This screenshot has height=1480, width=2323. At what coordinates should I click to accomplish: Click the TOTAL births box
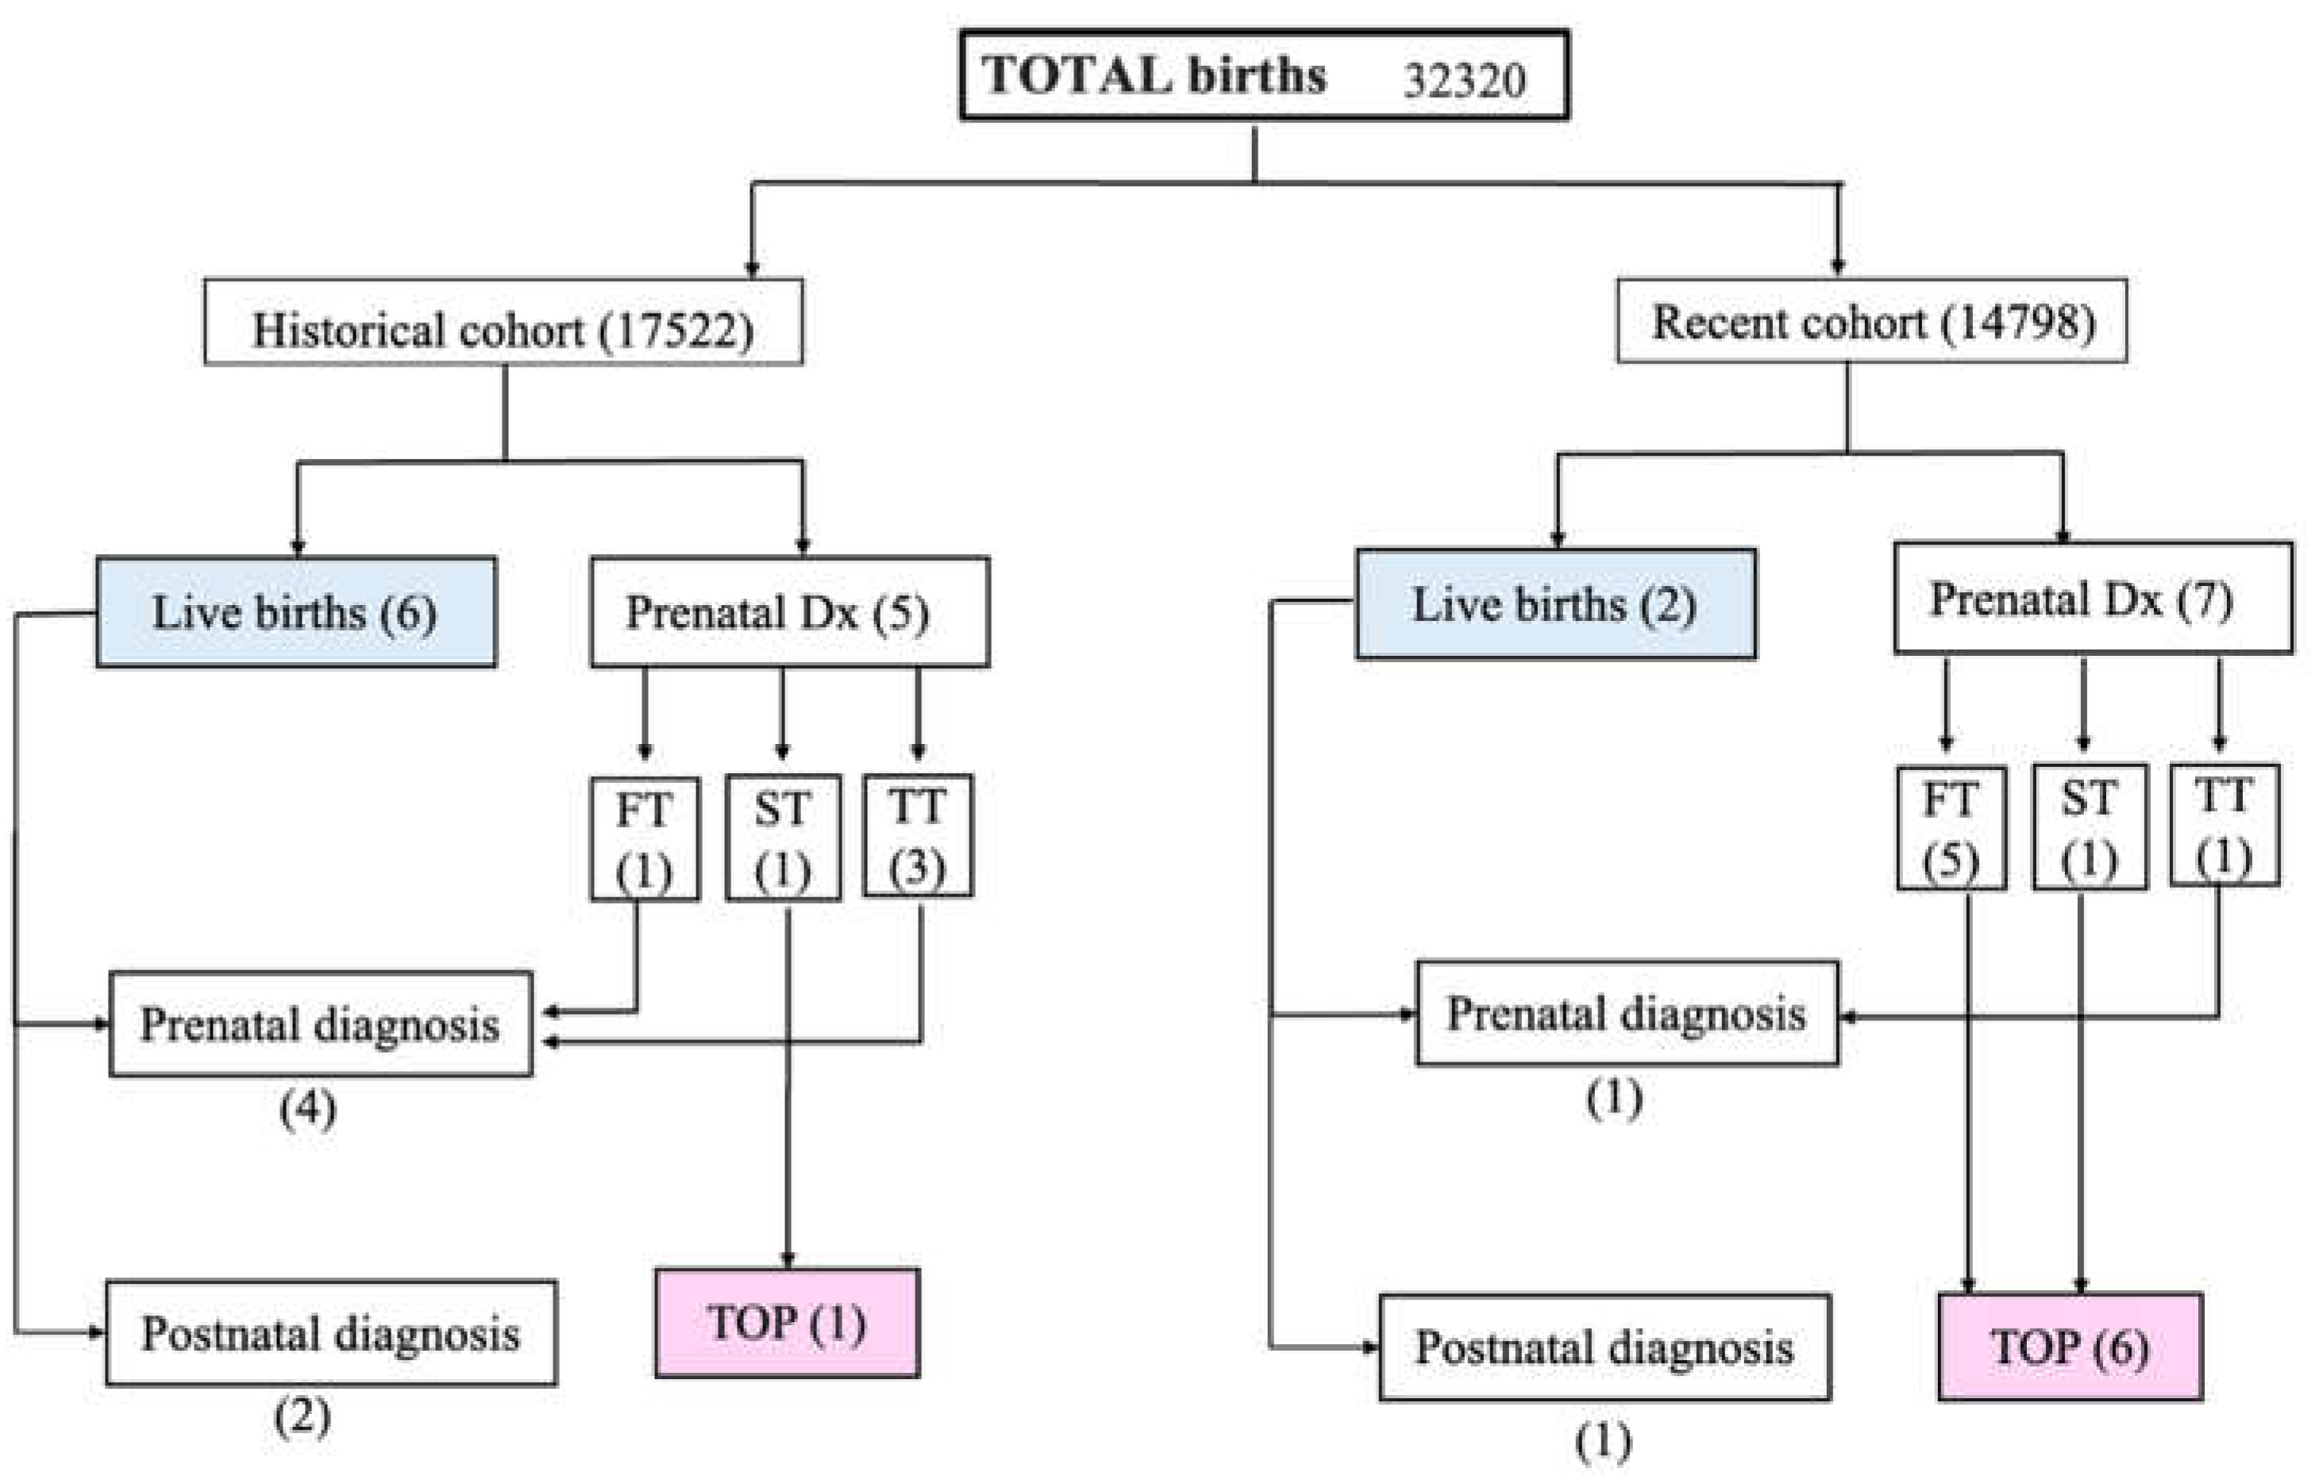click(x=1263, y=76)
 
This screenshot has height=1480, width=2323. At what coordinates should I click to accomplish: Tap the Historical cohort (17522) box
click(x=503, y=323)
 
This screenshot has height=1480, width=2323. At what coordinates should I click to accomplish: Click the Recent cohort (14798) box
click(x=1871, y=322)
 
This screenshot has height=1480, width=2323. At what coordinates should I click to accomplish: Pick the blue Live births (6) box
click(x=296, y=611)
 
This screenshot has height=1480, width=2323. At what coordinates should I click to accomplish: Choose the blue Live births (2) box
click(x=1555, y=604)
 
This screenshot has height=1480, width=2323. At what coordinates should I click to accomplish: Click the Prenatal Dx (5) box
click(x=789, y=611)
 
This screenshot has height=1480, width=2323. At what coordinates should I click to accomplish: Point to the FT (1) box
click(x=645, y=838)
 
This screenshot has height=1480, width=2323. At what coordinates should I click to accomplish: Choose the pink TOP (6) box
click(x=2069, y=1347)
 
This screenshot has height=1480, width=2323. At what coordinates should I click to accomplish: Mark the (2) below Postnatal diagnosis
click(x=302, y=1416)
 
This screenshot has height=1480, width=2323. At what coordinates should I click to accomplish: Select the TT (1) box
click(x=2224, y=826)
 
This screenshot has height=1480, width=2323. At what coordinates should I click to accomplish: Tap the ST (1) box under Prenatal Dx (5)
click(x=782, y=838)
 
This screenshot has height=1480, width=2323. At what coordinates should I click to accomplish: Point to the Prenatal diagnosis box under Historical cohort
click(x=320, y=1023)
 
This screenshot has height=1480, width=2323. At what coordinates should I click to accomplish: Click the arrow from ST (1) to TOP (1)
click(x=788, y=1090)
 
